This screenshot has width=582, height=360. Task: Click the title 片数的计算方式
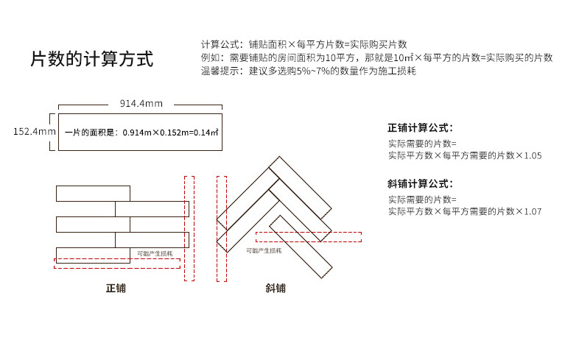(91, 59)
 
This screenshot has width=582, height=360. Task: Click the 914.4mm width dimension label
(141, 103)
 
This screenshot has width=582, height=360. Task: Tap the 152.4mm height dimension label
(34, 132)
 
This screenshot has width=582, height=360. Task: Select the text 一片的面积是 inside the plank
(91, 133)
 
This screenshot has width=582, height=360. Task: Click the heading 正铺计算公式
(420, 127)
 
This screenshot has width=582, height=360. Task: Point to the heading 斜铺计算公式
(420, 183)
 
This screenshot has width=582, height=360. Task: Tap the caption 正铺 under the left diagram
(116, 288)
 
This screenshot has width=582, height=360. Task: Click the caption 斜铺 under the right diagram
(276, 288)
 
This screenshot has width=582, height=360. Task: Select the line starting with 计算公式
(304, 44)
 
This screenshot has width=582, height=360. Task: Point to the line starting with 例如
(376, 57)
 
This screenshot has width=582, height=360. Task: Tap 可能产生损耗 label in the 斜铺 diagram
(264, 250)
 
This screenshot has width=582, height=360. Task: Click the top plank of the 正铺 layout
(93, 194)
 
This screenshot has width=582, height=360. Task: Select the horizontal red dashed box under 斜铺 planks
(308, 236)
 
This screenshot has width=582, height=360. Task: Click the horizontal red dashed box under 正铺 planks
(117, 263)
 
